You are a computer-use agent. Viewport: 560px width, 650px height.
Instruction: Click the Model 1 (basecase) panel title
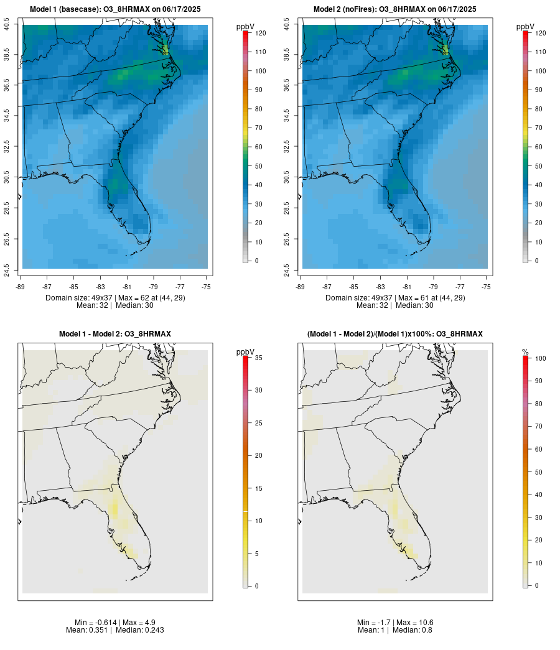(115, 9)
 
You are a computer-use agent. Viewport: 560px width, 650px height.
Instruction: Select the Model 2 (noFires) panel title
(395, 9)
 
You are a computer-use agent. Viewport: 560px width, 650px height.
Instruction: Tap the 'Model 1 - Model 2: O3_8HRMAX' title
(115, 334)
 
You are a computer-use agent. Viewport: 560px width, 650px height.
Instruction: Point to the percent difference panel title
(395, 334)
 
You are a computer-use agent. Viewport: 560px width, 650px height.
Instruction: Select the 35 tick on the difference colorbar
(257, 358)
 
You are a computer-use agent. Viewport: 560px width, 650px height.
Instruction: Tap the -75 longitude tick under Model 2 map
(486, 287)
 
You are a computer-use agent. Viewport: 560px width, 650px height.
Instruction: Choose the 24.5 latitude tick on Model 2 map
(287, 269)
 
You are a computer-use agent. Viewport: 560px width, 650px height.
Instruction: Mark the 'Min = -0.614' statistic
(90, 623)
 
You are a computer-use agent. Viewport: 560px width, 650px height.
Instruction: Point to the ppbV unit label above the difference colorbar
(245, 352)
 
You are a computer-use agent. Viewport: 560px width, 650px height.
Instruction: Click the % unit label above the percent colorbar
(525, 352)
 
